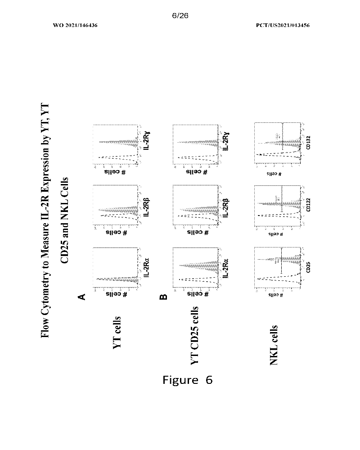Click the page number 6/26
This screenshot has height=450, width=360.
coord(180,15)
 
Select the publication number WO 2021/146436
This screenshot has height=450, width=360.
coord(75,25)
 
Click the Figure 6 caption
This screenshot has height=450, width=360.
coord(187,380)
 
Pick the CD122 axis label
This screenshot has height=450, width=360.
coord(308,206)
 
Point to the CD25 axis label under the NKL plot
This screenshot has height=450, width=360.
coord(308,268)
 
